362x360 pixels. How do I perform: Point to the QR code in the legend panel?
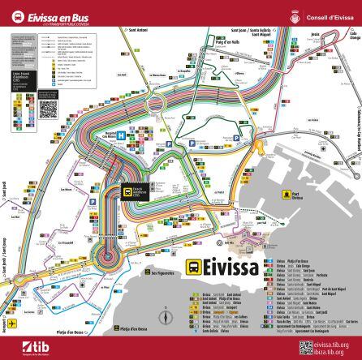(x=47, y=108)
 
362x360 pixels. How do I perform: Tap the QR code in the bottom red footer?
(x=305, y=348)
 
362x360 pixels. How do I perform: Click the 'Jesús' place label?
(x=315, y=34)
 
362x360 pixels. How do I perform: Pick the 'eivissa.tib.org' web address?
(x=336, y=345)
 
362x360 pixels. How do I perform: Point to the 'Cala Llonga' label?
(x=354, y=35)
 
